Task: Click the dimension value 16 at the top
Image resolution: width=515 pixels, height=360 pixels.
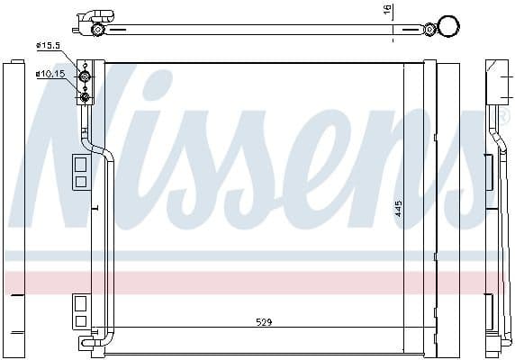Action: [x=388, y=12]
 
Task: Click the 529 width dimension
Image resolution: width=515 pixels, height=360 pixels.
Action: [x=263, y=321]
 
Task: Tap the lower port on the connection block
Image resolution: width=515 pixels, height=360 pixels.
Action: [x=86, y=95]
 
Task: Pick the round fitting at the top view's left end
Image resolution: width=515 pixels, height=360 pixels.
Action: [x=98, y=30]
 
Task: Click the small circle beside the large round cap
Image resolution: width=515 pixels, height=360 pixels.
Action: [x=429, y=30]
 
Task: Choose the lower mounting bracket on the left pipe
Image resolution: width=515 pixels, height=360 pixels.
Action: [x=79, y=310]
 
